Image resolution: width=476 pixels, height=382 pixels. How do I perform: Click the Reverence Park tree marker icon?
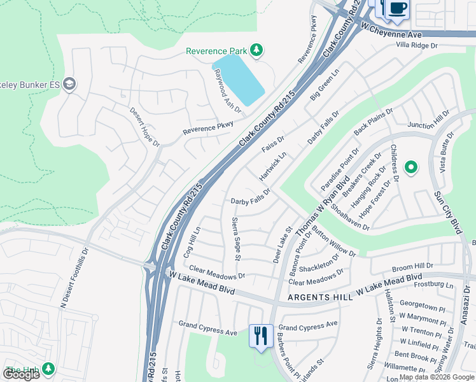tap(256, 50)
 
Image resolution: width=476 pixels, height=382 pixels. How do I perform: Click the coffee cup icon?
tap(398, 9)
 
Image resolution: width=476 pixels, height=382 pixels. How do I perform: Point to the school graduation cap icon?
tap(69, 84)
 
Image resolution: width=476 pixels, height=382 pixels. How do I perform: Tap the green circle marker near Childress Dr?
tap(411, 167)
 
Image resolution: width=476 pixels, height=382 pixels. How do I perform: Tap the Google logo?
tap(21, 374)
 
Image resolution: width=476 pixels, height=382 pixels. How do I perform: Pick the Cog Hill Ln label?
tap(191, 241)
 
